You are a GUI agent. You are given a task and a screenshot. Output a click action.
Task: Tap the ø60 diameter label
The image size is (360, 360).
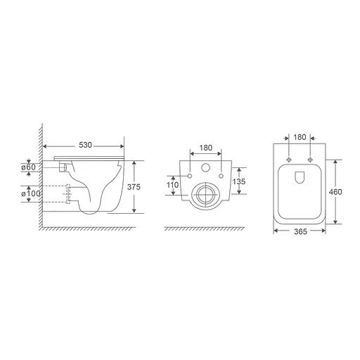click(x=28, y=167)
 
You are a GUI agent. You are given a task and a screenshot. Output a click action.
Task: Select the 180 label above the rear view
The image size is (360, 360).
click(x=206, y=148)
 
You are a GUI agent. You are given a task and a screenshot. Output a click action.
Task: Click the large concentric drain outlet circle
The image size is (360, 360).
click(x=206, y=193)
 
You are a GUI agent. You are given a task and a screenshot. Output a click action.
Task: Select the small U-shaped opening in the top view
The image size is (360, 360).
click(x=298, y=176)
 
